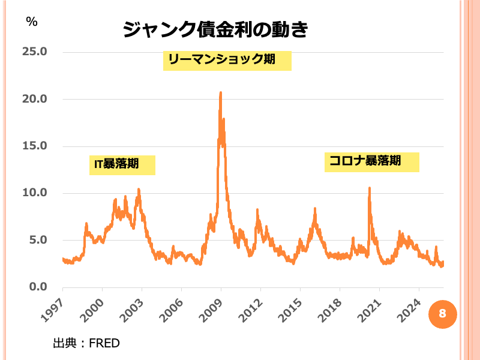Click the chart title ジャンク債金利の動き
click(215, 28)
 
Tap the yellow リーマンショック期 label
click(227, 60)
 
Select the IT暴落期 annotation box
click(122, 164)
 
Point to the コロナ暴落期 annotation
click(371, 161)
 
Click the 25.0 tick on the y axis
click(34, 52)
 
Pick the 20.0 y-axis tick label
click(34, 99)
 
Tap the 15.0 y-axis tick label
click(34, 146)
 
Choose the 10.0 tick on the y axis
click(34, 193)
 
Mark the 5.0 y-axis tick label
click(37, 240)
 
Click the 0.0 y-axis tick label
click(37, 287)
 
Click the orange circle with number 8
click(442, 313)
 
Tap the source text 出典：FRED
click(86, 343)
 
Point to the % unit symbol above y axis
click(31, 21)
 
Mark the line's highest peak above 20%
click(221, 93)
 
